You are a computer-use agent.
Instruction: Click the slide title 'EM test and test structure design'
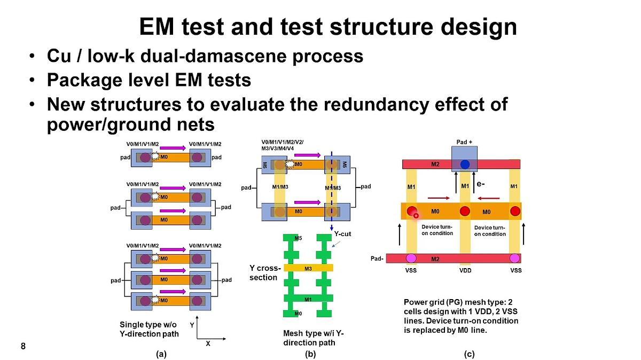[x=327, y=27]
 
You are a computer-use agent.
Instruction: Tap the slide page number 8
[x=23, y=346]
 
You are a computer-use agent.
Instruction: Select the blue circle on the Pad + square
[x=465, y=164]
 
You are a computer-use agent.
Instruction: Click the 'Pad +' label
[x=464, y=142]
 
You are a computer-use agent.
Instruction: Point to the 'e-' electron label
[x=481, y=184]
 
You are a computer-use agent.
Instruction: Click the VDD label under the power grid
[x=465, y=270]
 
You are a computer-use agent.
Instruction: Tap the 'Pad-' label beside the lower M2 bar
[x=378, y=259]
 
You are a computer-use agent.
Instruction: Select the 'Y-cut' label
[x=343, y=233]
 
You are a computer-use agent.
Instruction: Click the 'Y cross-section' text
[x=265, y=273]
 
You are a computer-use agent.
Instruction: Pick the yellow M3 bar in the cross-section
[x=308, y=268]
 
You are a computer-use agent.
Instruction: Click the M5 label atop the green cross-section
[x=298, y=238]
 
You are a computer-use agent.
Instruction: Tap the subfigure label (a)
[x=161, y=354]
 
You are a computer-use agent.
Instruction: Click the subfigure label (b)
[x=310, y=354]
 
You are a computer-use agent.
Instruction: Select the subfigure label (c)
[x=469, y=354]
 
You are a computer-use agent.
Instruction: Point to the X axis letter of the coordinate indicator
[x=208, y=343]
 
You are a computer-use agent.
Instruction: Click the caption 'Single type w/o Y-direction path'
[x=149, y=329]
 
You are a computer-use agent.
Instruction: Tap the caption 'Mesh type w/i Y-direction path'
[x=313, y=338]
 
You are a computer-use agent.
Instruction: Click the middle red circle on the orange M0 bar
[x=465, y=211]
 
